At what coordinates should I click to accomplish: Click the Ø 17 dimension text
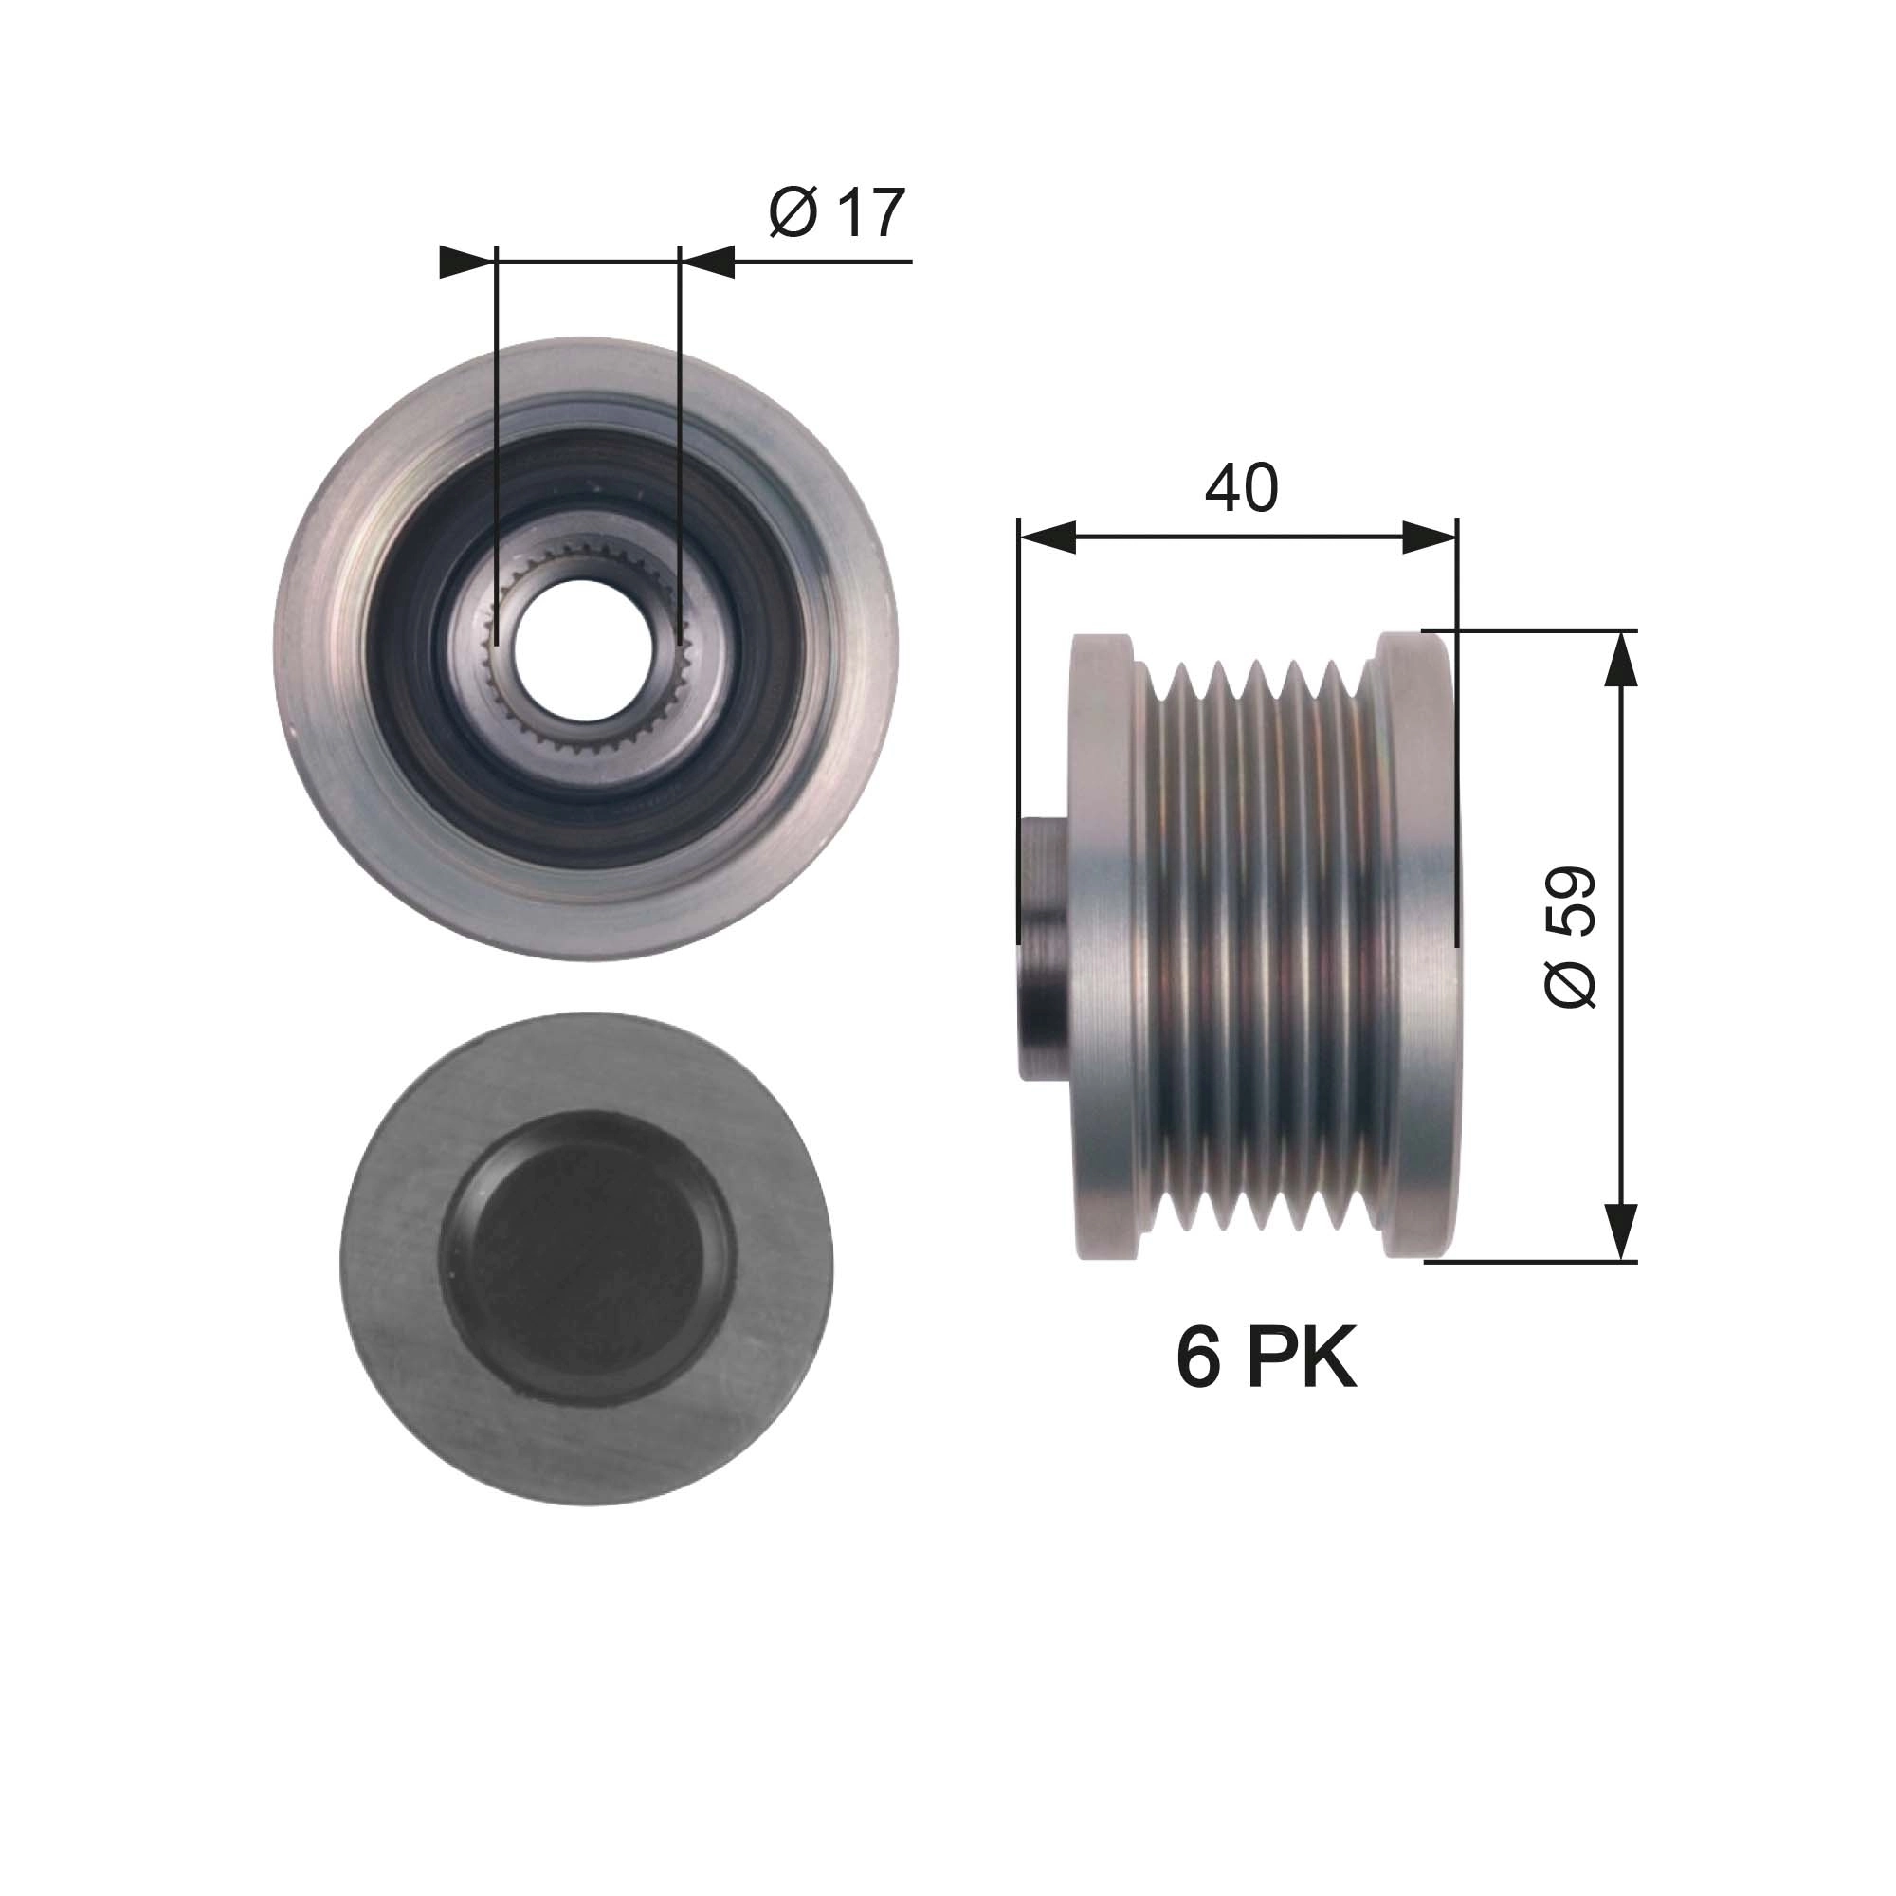[x=836, y=213]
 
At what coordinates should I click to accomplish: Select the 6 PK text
[x=1266, y=1360]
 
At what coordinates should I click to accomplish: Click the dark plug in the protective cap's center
[x=586, y=1259]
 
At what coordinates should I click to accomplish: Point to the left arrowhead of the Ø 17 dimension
[x=465, y=262]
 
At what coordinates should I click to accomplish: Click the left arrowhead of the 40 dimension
[x=1048, y=538]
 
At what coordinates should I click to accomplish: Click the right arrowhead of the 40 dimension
[x=1429, y=538]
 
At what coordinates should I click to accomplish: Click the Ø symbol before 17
[x=793, y=213]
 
